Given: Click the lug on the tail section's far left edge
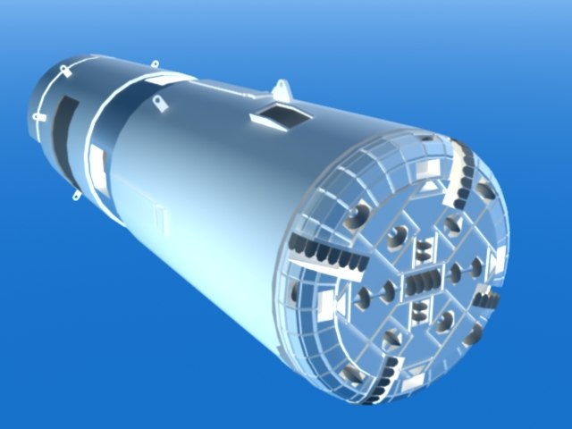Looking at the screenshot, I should [38, 116].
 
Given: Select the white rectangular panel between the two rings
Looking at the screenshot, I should [99, 161].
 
